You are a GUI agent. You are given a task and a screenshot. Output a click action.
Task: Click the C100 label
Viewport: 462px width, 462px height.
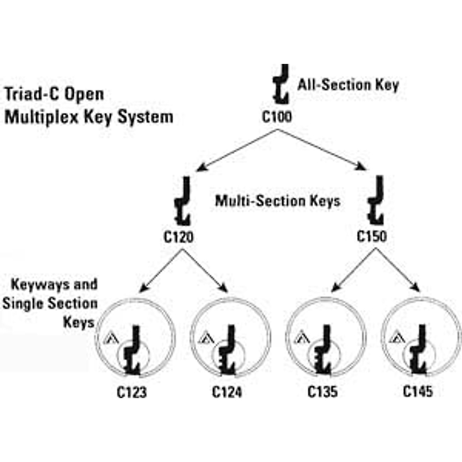277,117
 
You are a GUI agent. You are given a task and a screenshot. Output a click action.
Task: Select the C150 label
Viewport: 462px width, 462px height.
372,236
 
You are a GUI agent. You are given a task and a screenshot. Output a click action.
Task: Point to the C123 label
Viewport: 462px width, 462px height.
132,392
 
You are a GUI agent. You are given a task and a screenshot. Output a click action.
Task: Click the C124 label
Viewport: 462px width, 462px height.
227,392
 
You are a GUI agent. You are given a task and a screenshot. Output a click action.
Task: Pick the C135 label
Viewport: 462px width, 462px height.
323,392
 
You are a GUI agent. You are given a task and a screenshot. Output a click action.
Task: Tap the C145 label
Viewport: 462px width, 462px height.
418,391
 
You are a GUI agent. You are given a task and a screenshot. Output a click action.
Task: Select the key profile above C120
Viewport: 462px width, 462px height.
183,201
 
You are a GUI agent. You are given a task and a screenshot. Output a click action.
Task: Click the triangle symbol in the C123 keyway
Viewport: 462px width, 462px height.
110,338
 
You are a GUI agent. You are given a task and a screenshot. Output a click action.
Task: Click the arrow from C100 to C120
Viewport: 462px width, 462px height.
237,151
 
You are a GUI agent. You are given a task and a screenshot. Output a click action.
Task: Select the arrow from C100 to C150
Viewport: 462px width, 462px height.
322,150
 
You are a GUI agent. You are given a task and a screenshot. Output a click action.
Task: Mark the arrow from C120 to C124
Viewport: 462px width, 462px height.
205,271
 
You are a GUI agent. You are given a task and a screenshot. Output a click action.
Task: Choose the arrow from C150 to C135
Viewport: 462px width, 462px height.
353,270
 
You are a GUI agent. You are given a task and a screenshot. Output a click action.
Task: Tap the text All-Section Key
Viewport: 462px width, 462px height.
348,85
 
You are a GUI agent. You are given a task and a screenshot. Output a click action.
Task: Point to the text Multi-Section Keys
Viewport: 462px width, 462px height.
278,201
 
